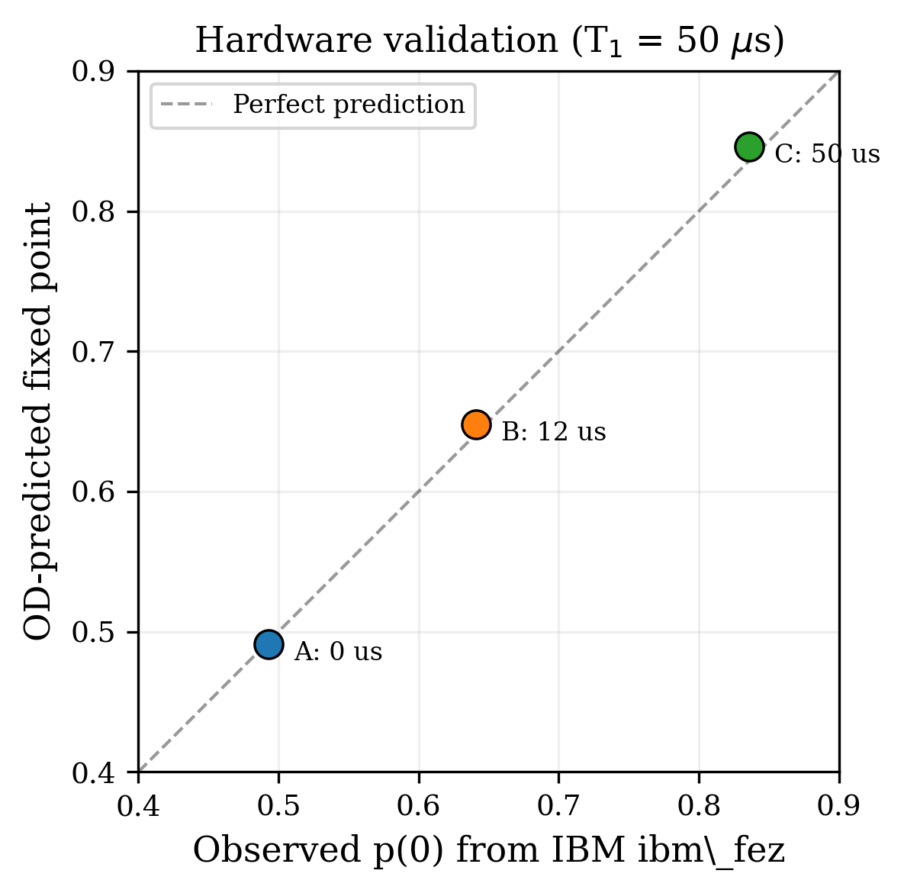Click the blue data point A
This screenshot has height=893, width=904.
[x=269, y=644]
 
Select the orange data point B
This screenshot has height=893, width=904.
[x=476, y=424]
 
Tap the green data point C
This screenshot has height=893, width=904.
[x=749, y=147]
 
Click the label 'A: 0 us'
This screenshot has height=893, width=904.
[x=338, y=652]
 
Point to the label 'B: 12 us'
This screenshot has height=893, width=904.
[x=554, y=433]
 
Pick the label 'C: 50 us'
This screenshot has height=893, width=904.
[x=827, y=154]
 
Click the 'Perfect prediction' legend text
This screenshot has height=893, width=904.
[x=349, y=105]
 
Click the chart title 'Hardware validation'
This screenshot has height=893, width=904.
[x=489, y=40]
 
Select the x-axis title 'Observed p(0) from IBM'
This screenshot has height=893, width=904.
[x=489, y=851]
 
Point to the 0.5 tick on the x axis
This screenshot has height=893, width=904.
[x=278, y=806]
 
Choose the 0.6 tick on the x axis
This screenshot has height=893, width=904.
[x=419, y=806]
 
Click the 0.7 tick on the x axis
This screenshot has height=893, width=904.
[x=558, y=806]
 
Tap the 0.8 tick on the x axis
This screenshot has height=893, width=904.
[x=699, y=806]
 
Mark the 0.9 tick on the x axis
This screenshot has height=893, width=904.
[x=838, y=806]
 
